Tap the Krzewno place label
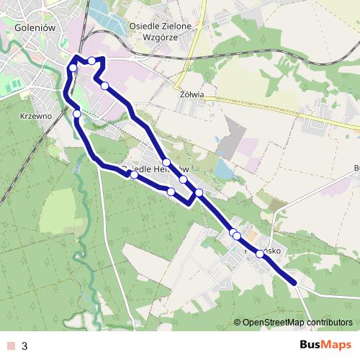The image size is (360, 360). click(x=35, y=116)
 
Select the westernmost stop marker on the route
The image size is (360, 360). click(x=72, y=68)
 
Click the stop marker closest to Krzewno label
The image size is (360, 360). click(x=77, y=113)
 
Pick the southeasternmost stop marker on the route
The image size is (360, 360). click(x=260, y=253)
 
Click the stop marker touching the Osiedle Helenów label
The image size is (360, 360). click(x=134, y=174)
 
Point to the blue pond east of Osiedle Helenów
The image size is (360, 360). click(x=224, y=171)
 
